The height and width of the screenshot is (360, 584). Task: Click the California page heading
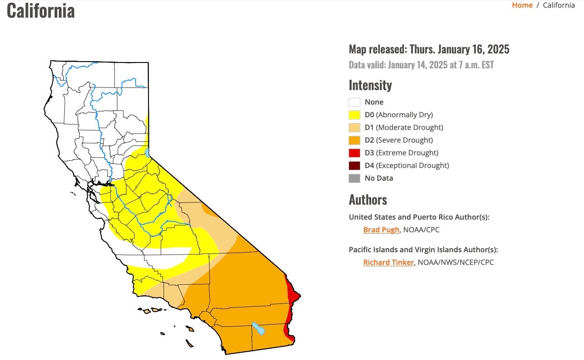pos(41,11)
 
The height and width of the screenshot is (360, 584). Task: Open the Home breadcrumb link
pos(522,5)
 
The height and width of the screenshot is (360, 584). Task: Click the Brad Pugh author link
pos(381,230)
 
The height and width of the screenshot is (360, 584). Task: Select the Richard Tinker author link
pos(388,262)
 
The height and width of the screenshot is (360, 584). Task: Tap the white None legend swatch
pos(354,102)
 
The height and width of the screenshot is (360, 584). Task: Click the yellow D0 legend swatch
pos(354,115)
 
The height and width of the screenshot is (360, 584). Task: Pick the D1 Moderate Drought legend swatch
pos(354,128)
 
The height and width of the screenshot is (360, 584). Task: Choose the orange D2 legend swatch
pos(354,140)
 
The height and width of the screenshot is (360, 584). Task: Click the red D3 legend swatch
pos(354,153)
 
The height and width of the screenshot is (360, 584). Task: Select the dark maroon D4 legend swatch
pos(354,166)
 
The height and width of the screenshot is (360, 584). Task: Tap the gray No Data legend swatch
pos(354,178)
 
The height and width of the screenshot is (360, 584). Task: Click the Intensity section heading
pos(370,85)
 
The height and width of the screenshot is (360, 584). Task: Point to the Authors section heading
pos(368,200)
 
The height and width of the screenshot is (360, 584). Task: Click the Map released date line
pos(429,49)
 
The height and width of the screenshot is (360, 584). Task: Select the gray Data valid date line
pos(421,65)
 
